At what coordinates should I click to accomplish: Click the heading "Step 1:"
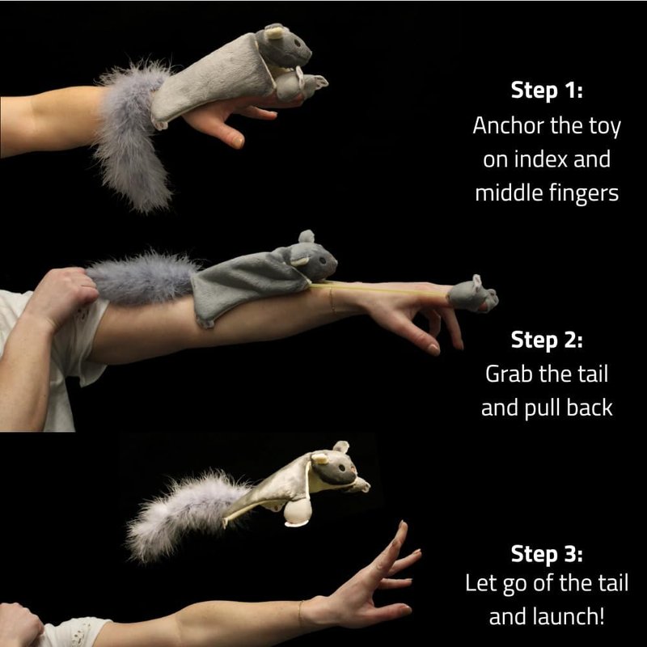(547, 90)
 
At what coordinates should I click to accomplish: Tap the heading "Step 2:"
(547, 340)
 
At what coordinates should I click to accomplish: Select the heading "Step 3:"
(547, 554)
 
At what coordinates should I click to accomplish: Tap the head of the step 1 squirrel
(284, 46)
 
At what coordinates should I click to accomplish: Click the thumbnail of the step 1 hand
(238, 142)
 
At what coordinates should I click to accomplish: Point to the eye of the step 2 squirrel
(322, 260)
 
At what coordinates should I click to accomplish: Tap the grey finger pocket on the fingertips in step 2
(473, 294)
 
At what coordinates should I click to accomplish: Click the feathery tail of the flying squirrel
(184, 515)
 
